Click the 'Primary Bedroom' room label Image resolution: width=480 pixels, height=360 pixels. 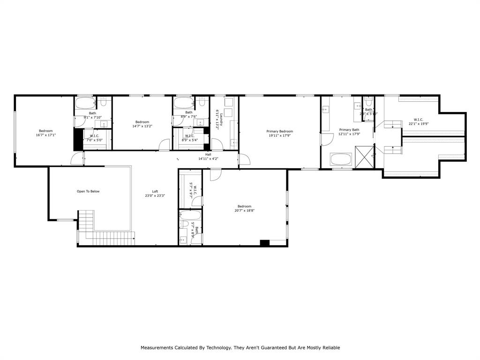pos(280,131)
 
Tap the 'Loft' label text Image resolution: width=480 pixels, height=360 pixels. pos(155,191)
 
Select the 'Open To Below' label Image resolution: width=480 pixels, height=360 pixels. pos(88,191)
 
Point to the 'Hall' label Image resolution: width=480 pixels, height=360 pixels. pos(208,154)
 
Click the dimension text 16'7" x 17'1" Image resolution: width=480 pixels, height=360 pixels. pos(45,135)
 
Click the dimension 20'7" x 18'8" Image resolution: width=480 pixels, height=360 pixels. pos(244,211)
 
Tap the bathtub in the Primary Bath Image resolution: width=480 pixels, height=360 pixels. pos(344,159)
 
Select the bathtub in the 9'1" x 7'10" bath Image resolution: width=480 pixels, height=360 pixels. pos(85,103)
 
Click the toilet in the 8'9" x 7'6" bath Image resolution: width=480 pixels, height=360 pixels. pos(202,101)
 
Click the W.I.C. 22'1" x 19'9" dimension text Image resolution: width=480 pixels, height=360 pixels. pos(418,124)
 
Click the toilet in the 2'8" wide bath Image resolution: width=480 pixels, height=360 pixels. pos(368,102)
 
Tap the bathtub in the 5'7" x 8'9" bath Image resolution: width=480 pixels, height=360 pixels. pos(191,215)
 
